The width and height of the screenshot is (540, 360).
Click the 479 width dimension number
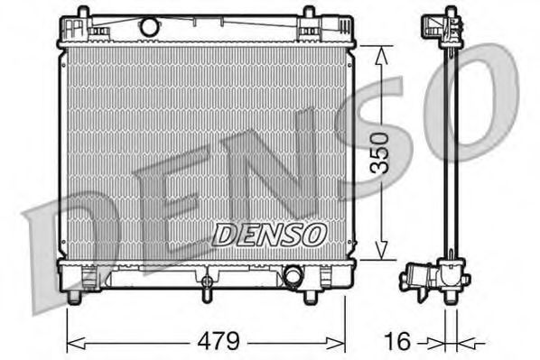(218, 342)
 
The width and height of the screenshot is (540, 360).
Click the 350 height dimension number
(379, 152)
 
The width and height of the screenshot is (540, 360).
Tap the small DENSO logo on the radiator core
(269, 235)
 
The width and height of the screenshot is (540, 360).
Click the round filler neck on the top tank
(150, 26)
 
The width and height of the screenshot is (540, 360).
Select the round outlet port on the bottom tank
(293, 274)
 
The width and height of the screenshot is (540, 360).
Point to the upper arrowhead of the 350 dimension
(381, 56)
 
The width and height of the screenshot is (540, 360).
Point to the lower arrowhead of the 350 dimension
(381, 250)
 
